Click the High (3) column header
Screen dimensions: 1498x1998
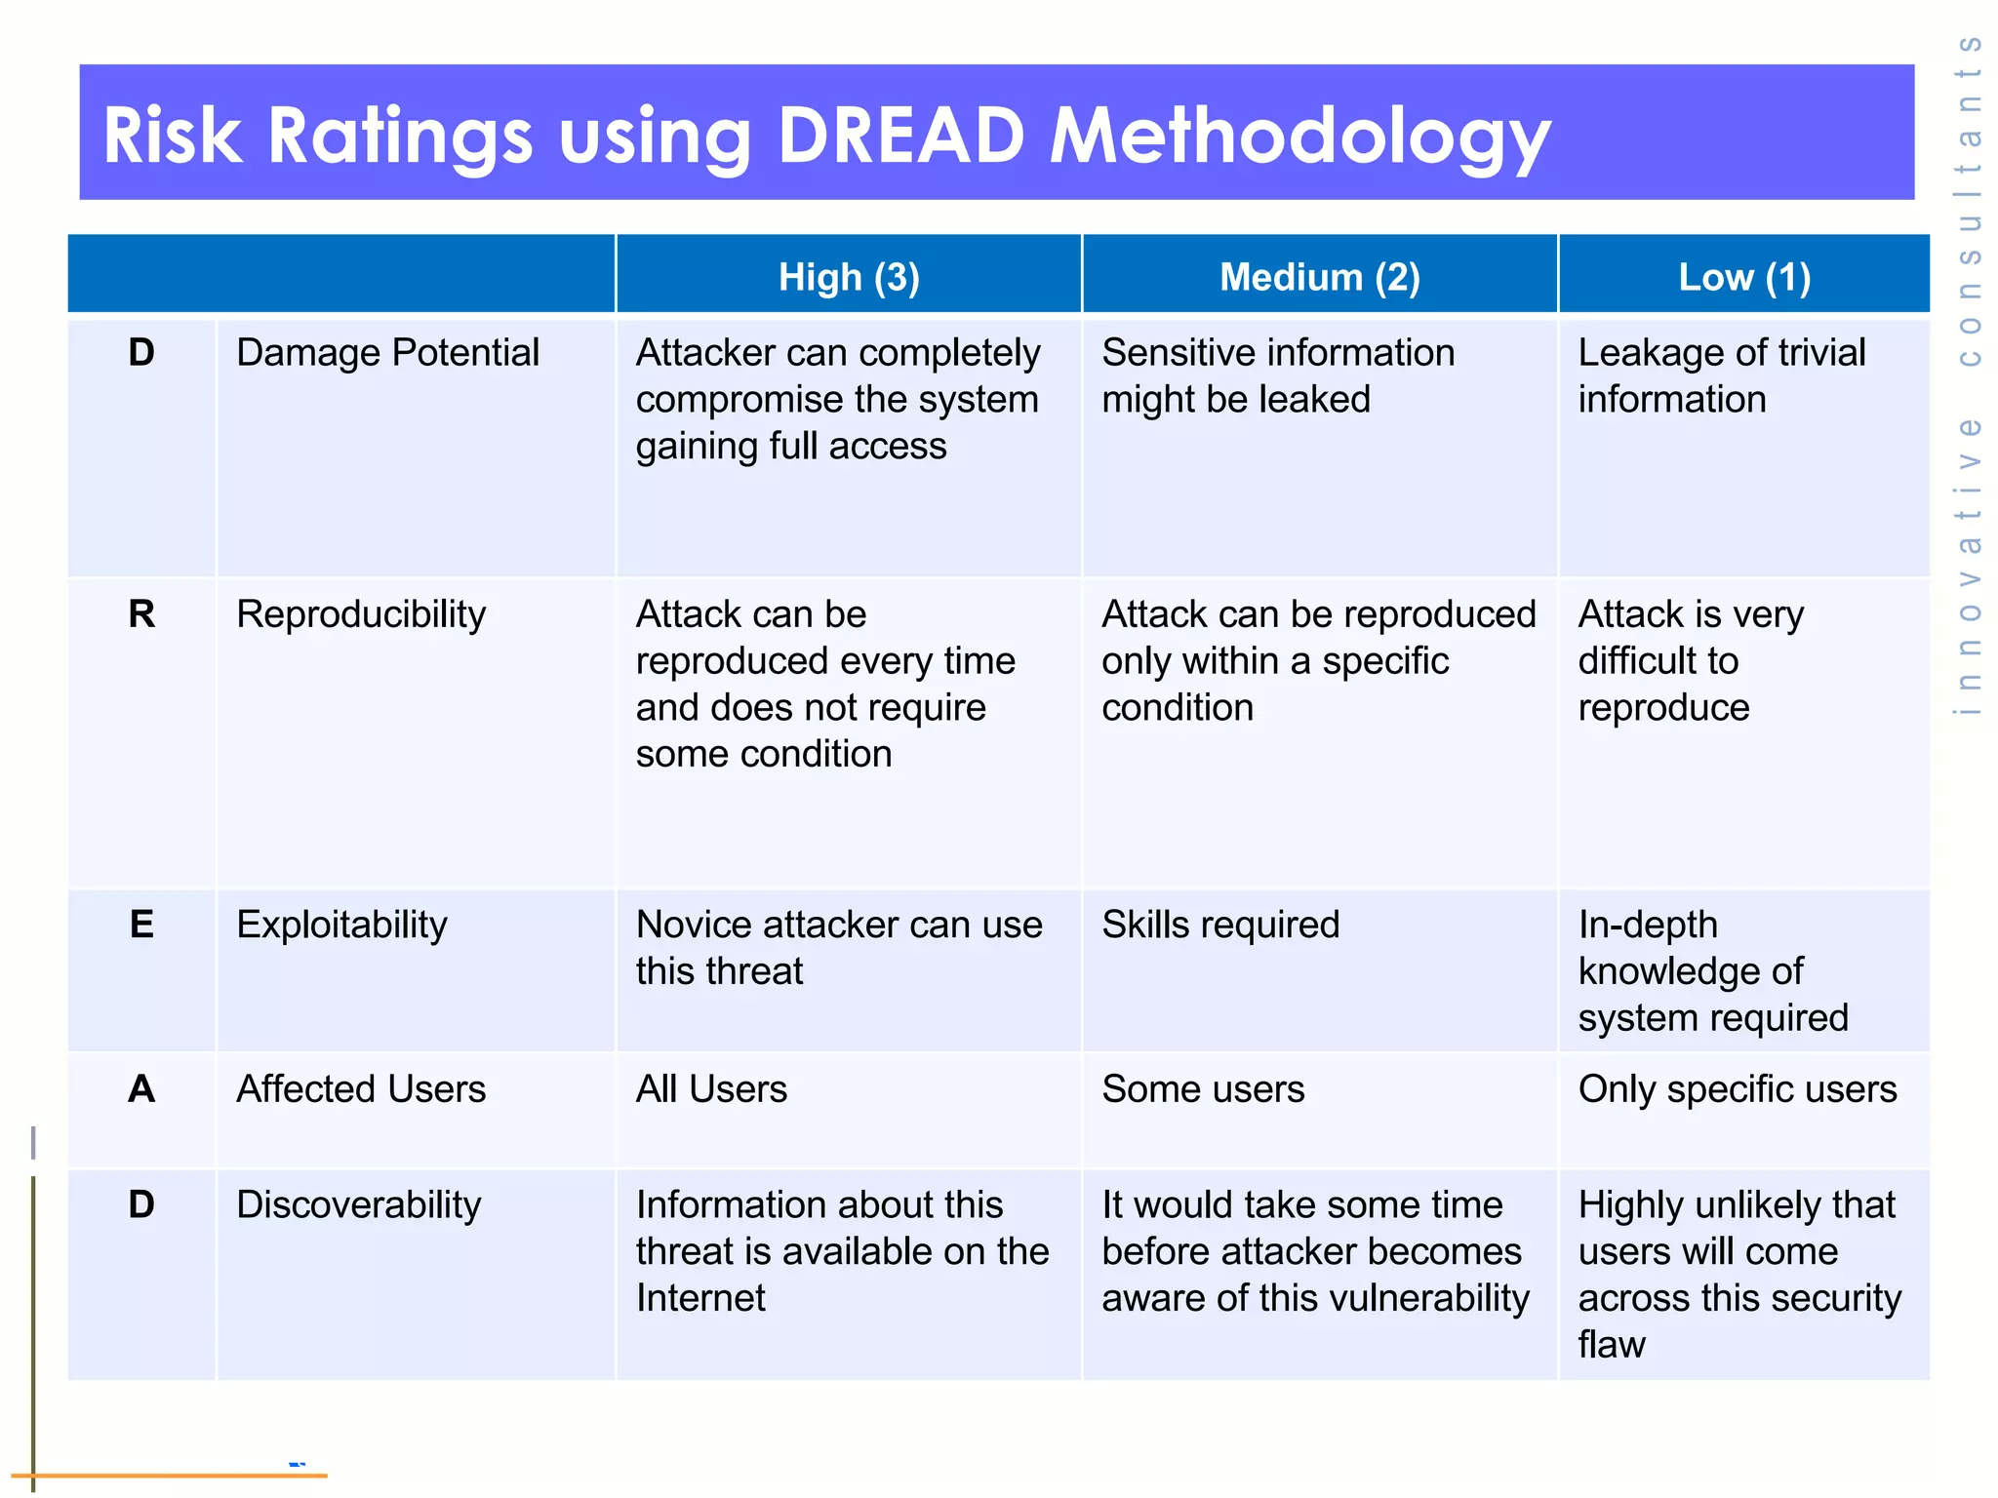click(849, 278)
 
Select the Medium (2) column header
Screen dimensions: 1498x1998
click(1319, 278)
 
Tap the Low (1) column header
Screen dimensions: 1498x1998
click(1744, 278)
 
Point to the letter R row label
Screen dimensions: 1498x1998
click(141, 614)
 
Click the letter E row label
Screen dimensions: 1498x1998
click(141, 925)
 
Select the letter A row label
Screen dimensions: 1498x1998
click(141, 1088)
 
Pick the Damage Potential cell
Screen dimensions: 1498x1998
click(387, 353)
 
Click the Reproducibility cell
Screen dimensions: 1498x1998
click(361, 614)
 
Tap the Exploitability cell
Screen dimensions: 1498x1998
click(341, 925)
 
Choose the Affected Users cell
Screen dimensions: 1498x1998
click(361, 1088)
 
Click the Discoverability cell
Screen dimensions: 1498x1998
click(358, 1204)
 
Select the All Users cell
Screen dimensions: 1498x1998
click(711, 1088)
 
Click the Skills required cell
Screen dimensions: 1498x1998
click(1220, 925)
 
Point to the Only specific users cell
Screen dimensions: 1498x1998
click(1738, 1088)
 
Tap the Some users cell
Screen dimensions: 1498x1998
click(1203, 1088)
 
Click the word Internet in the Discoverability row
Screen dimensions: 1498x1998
click(700, 1298)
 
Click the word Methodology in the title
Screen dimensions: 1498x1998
click(1299, 137)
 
